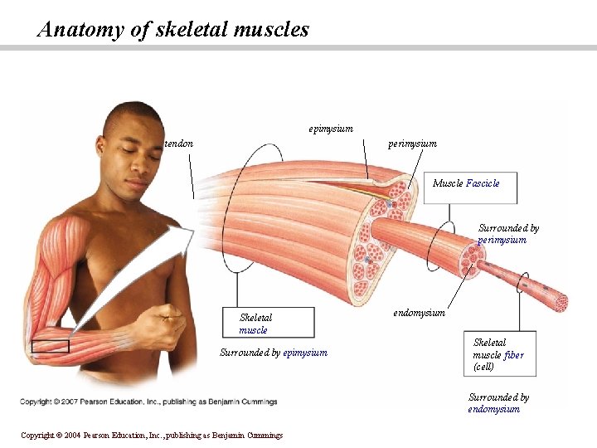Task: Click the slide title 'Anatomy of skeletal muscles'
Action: (173, 31)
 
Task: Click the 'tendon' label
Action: (180, 144)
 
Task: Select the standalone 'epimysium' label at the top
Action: (331, 129)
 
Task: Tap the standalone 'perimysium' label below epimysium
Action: (412, 144)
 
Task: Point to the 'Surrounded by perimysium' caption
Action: (507, 234)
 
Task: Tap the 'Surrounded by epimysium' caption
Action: (274, 353)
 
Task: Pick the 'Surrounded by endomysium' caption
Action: (498, 402)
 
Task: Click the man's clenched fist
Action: (169, 324)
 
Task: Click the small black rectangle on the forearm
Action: (50, 346)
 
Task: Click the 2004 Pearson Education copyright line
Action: (152, 435)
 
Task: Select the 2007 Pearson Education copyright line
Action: (149, 402)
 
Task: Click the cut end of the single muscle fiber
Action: (561, 304)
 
